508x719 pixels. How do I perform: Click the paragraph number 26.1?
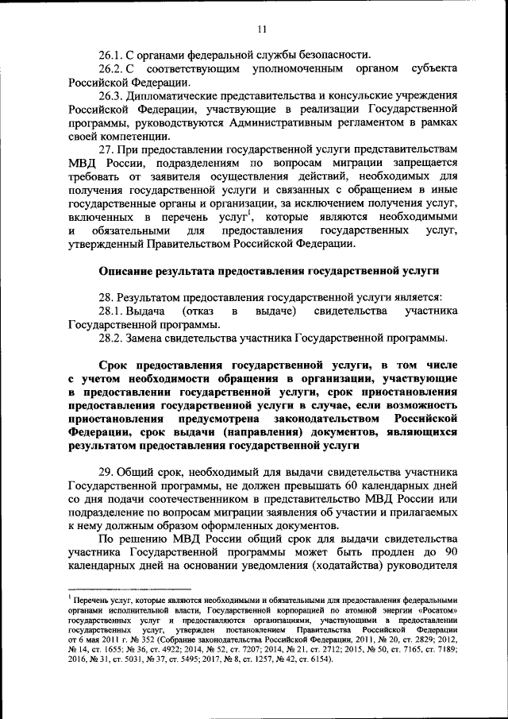click(112, 55)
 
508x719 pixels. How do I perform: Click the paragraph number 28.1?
click(112, 311)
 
